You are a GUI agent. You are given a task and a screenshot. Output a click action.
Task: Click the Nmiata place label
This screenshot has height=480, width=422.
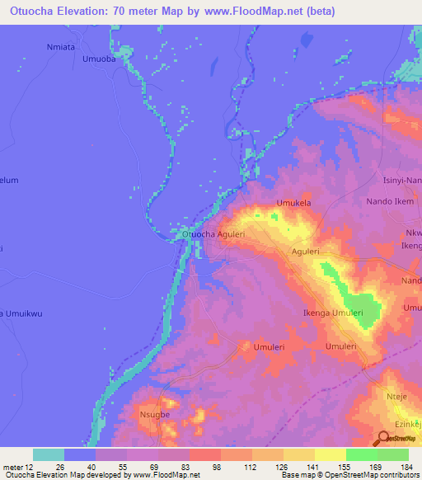pos(61,47)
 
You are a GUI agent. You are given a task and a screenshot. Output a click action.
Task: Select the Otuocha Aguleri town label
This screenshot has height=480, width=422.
pos(213,234)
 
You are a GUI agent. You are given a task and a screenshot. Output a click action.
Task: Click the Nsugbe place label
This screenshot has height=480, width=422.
pos(154,415)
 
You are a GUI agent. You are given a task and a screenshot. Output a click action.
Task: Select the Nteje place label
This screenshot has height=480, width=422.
pos(397,398)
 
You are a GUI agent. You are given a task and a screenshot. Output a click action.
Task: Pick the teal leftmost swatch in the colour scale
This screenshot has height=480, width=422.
pos(49,454)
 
